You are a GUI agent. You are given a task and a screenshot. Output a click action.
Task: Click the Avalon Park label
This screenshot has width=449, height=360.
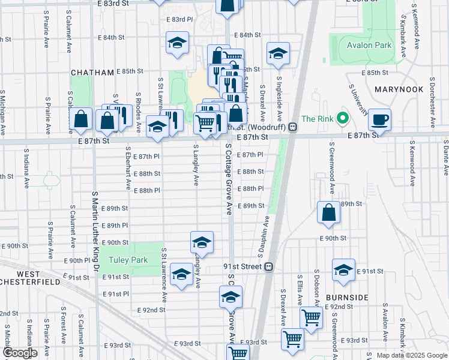click(369, 45)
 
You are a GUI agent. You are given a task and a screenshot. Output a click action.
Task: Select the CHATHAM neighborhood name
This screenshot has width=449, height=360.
click(92, 73)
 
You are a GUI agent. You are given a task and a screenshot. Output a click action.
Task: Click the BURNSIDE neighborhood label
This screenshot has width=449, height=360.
click(347, 298)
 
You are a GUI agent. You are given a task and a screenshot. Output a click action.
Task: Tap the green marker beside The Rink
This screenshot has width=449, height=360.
click(343, 118)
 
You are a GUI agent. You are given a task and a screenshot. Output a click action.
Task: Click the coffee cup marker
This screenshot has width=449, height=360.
click(379, 118)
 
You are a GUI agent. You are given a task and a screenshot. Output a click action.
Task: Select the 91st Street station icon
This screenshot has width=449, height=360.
click(269, 266)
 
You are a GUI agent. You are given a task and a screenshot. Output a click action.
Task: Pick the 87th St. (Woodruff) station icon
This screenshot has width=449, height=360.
click(292, 127)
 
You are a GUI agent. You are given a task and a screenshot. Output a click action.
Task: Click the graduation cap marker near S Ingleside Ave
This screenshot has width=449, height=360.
click(278, 54)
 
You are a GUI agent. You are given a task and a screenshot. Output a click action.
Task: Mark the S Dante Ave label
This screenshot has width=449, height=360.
click(445, 158)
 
